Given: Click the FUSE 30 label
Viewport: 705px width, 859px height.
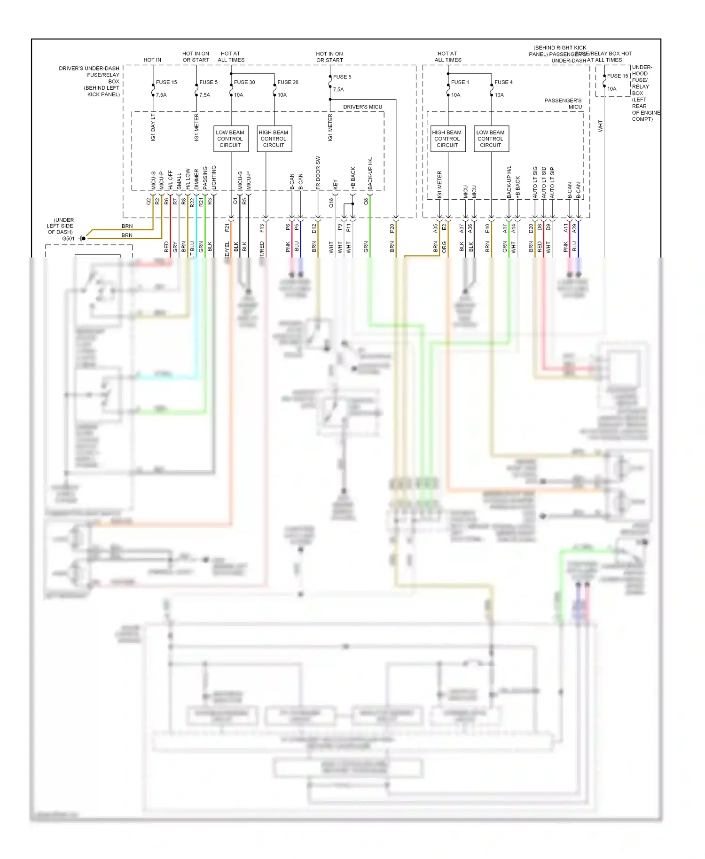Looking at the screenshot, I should [244, 82].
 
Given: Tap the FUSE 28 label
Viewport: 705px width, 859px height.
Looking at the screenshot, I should [288, 82].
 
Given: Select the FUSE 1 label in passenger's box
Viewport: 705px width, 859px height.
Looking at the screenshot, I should [460, 82].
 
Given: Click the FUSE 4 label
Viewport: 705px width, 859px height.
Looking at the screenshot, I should [503, 82].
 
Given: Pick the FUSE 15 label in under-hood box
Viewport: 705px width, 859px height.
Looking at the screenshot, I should [617, 76].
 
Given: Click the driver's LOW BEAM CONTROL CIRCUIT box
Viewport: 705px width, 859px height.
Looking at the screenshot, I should [230, 139].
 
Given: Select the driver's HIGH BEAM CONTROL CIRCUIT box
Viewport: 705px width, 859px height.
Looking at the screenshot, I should [274, 139].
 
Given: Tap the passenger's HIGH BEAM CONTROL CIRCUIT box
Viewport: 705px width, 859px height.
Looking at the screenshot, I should [447, 139].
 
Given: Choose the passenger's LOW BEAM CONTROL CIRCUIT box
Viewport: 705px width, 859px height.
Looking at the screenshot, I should [491, 139].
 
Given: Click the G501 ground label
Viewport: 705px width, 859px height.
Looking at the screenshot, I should [68, 239].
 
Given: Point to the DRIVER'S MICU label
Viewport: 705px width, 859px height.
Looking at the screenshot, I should [362, 107].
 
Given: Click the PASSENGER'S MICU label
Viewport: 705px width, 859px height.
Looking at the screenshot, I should [563, 104].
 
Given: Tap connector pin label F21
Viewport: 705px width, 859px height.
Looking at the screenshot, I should [227, 228].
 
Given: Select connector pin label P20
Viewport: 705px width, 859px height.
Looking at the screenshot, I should [392, 228].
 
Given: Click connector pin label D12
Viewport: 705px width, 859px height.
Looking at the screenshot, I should [314, 228].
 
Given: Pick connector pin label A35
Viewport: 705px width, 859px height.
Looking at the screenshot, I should [435, 228].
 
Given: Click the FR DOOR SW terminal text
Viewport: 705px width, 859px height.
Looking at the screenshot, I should [318, 172].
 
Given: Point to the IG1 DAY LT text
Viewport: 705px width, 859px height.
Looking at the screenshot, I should [153, 127].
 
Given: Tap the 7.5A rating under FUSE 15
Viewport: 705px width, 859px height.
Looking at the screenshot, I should [161, 95].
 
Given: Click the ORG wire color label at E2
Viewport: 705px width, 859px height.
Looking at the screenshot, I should [444, 247].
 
